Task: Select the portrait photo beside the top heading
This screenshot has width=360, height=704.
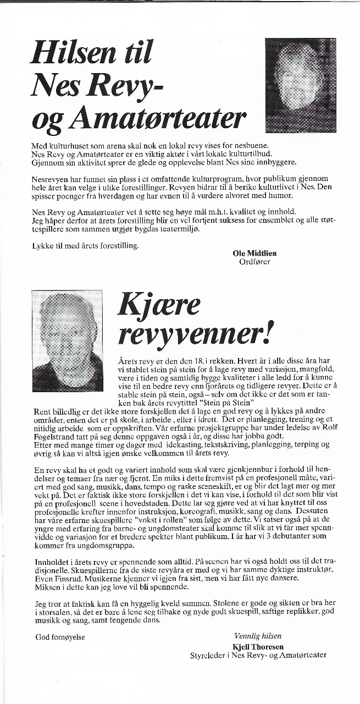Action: click(300, 85)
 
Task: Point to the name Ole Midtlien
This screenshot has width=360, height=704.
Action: click(254, 253)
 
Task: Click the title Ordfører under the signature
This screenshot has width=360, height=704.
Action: click(254, 262)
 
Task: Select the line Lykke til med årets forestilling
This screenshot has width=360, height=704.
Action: click(85, 245)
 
